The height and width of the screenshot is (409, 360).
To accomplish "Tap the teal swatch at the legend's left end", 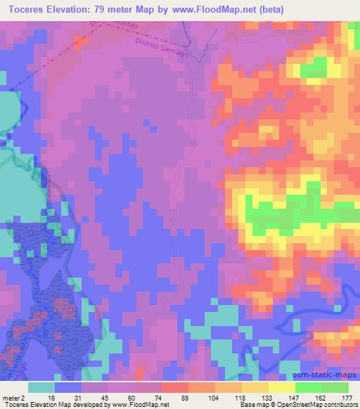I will click(x=41, y=387).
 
